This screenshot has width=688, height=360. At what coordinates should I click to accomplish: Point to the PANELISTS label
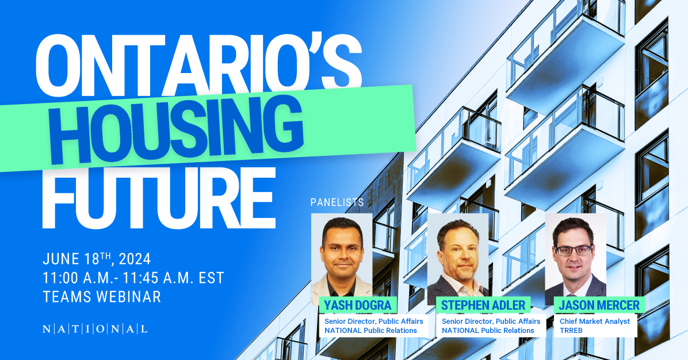[x=337, y=202]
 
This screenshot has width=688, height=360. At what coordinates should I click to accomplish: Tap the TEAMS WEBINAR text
[x=102, y=297]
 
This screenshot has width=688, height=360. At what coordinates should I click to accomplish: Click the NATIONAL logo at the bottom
[x=95, y=330]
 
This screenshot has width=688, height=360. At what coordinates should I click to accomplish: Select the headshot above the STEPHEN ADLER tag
[x=458, y=256]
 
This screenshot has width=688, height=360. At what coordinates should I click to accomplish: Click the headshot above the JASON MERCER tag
[x=575, y=256]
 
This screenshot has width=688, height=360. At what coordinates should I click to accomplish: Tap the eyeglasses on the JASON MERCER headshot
[x=574, y=250]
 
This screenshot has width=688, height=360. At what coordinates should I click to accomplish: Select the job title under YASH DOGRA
[x=374, y=321]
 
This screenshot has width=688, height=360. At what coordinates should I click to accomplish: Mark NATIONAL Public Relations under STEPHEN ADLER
[x=488, y=331]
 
